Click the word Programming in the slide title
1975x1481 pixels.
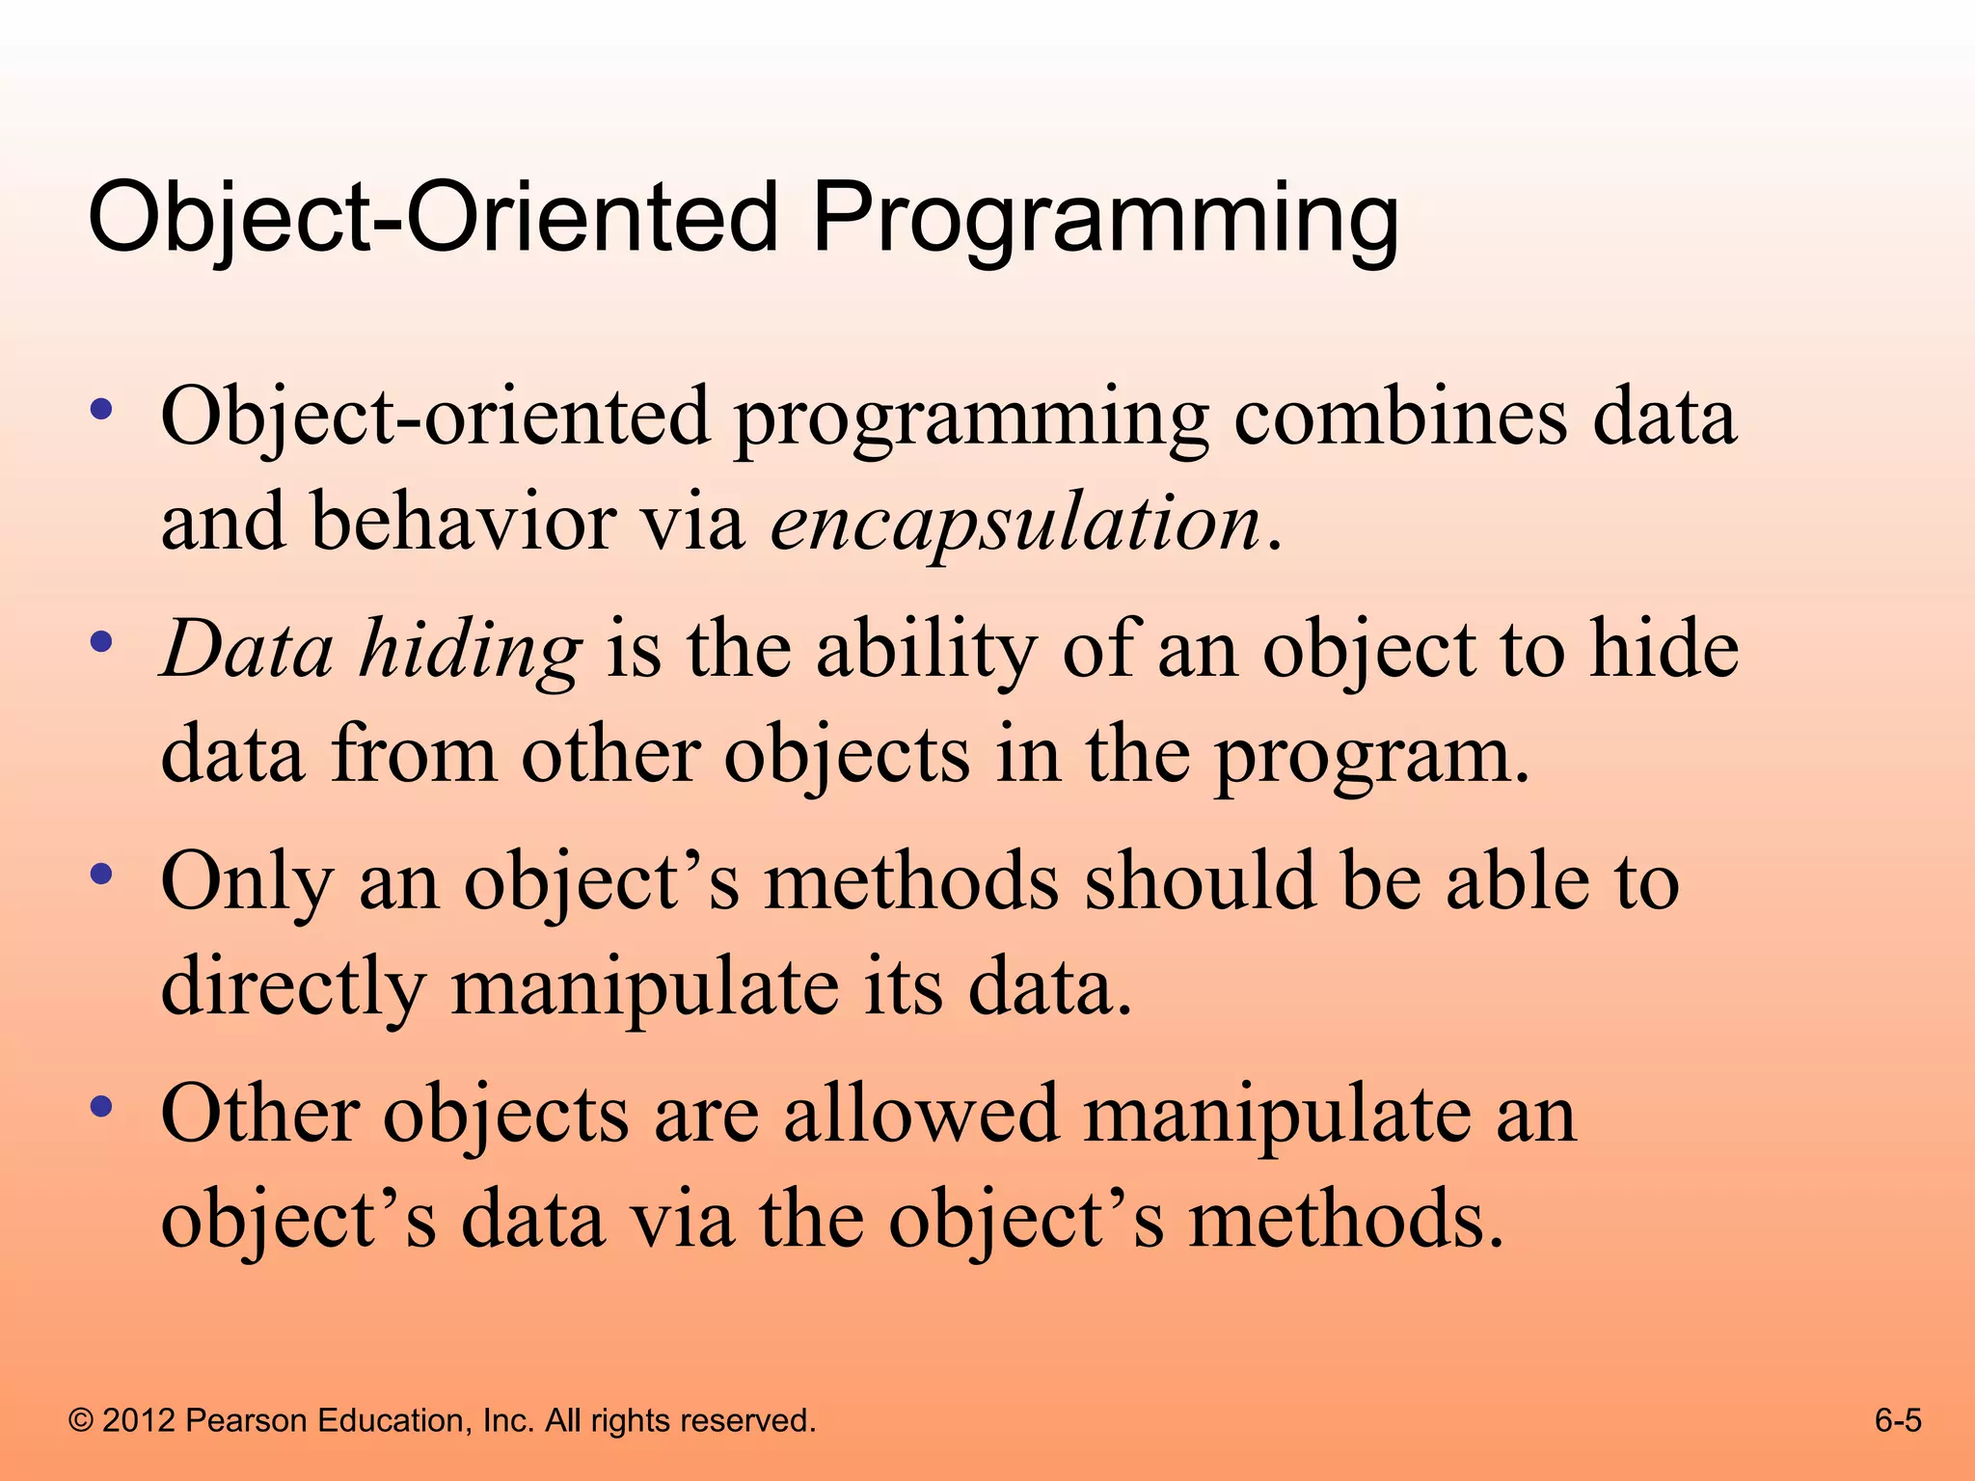(x=1104, y=218)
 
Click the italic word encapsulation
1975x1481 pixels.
(x=1015, y=524)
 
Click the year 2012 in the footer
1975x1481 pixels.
(x=138, y=1421)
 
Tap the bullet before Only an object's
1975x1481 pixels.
(x=101, y=875)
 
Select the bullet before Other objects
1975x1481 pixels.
(x=101, y=1107)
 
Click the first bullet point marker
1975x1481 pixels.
(x=101, y=410)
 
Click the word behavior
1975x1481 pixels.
(x=463, y=523)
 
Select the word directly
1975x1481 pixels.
(x=293, y=989)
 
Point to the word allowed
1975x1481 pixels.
(x=921, y=1115)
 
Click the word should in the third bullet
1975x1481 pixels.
(x=1200, y=881)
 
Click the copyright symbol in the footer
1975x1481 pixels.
(x=82, y=1421)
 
